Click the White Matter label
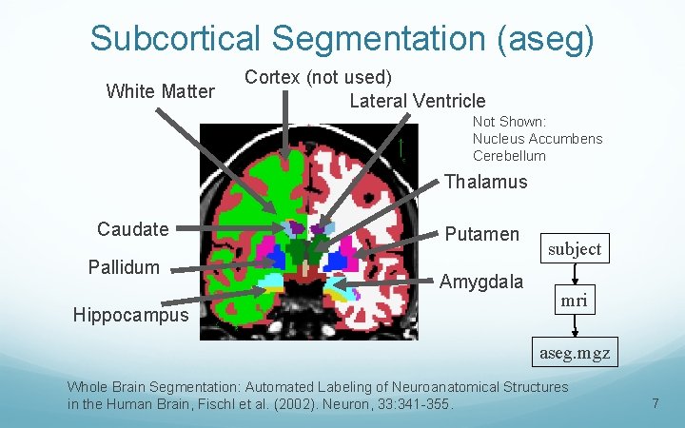click(160, 91)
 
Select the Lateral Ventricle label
click(417, 101)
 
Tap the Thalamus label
click(485, 182)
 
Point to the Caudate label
click(132, 228)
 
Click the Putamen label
click(481, 234)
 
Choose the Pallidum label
click(124, 266)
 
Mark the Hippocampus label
click(131, 314)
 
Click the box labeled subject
click(575, 248)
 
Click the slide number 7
click(655, 403)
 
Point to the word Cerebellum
click(509, 156)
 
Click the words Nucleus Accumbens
click(538, 139)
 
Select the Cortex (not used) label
click(318, 76)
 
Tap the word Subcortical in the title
click(174, 39)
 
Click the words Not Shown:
click(509, 122)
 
